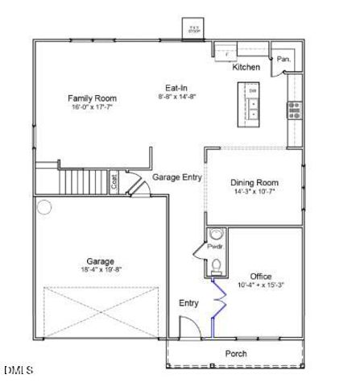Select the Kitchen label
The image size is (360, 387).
(x=246, y=68)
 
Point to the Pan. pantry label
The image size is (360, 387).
(x=283, y=60)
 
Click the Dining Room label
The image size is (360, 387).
(x=254, y=182)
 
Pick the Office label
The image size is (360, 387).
(x=262, y=276)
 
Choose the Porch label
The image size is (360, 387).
(x=236, y=353)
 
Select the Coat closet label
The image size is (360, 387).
(x=114, y=182)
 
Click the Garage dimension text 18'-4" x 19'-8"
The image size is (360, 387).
(x=101, y=270)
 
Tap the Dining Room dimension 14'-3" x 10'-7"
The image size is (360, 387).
(x=254, y=191)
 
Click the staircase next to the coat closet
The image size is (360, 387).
(x=85, y=179)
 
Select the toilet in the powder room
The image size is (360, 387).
(x=215, y=262)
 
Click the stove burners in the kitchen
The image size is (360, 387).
(x=294, y=110)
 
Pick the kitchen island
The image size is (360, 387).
(x=253, y=103)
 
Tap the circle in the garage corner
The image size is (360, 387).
(x=44, y=207)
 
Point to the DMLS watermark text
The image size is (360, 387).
(x=18, y=370)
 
